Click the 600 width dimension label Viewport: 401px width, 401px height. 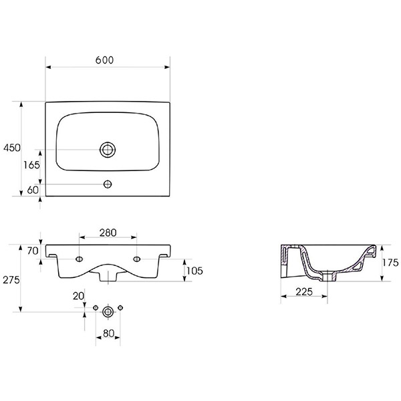pos(104,60)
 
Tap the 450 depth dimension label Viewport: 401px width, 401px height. pos(12,148)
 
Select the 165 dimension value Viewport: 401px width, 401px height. pos(31,165)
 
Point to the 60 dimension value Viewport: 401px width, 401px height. pos(33,190)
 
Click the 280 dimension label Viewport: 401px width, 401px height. pos(108,233)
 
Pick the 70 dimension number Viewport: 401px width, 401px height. pos(33,251)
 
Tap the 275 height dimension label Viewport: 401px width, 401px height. pos(11,280)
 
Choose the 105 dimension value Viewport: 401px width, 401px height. pos(194,271)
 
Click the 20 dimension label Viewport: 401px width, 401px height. pos(78,296)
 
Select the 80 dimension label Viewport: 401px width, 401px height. pos(108,333)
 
